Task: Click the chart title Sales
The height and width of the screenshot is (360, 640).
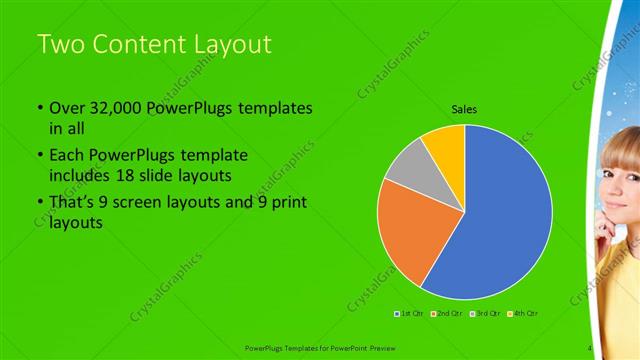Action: [464, 109]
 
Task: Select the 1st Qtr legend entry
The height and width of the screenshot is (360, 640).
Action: [409, 314]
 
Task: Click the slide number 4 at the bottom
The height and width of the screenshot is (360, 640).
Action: [590, 348]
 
